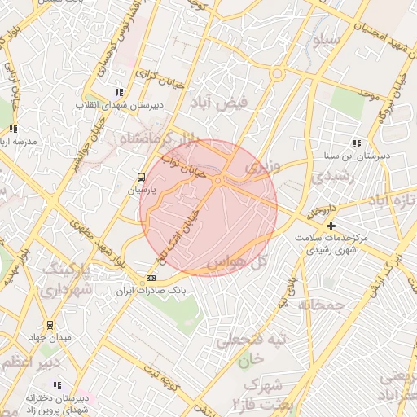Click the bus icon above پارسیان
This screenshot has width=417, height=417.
point(142,176)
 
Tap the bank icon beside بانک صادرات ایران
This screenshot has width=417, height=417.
point(151,279)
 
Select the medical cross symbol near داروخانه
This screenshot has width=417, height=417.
point(330,226)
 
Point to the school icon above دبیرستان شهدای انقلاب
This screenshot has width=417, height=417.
point(120,92)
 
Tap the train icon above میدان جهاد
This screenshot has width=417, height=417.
point(50,325)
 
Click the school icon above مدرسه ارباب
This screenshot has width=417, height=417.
point(13,129)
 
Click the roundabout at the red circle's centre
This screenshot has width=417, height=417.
point(219,180)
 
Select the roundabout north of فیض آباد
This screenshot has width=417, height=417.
point(278,75)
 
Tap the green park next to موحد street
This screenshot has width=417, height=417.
point(346,102)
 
